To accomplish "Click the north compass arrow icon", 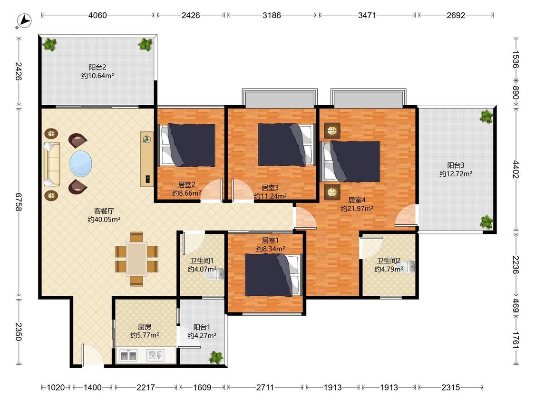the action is tap(24, 21).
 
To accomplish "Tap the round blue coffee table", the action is tap(81, 164).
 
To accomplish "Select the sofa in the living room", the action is tap(51, 164).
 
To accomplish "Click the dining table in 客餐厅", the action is tap(136, 259).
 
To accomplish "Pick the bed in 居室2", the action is tap(188, 145).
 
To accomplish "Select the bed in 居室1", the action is tap(273, 275).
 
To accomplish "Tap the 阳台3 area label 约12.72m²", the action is tap(456, 174).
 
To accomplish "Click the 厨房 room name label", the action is tap(145, 327).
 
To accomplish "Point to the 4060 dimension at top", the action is tap(97, 15).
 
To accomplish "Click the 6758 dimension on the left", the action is tap(19, 202).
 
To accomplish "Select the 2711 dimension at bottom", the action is tap(265, 387).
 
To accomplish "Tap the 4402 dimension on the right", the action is tap(516, 169).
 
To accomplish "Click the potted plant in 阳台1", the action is tap(216, 357).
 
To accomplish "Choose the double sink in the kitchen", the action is tap(128, 355).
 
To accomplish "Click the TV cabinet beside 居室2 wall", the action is tap(147, 159).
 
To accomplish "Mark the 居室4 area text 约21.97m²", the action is tap(357, 208).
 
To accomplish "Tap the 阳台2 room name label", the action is tap(97, 67).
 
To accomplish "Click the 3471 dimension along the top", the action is tap(367, 15).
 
